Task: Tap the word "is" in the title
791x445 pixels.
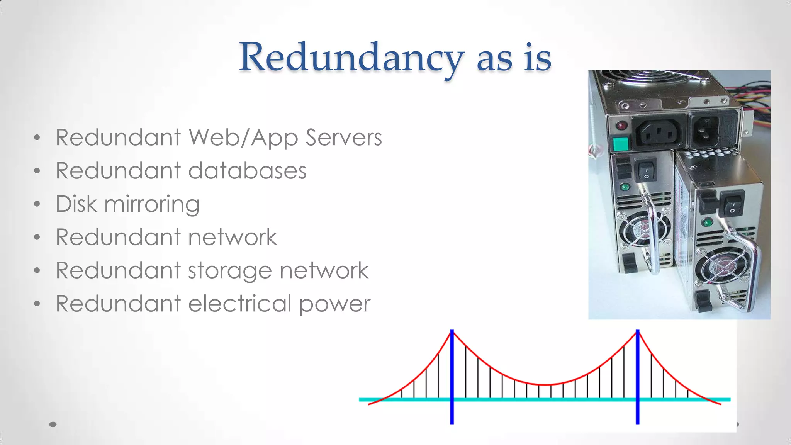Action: pyautogui.click(x=537, y=58)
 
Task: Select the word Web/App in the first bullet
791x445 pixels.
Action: pyautogui.click(x=243, y=138)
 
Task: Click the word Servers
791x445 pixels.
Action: pyautogui.click(x=343, y=138)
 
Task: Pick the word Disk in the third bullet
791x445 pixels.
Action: pyautogui.click(x=76, y=204)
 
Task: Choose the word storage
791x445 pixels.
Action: pyautogui.click(x=230, y=271)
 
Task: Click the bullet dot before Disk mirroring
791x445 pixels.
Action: pyautogui.click(x=37, y=204)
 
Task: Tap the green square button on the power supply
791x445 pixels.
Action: pyautogui.click(x=621, y=144)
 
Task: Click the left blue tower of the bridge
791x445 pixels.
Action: pyautogui.click(x=452, y=377)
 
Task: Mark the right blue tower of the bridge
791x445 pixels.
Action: pyautogui.click(x=638, y=377)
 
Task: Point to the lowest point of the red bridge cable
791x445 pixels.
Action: pyautogui.click(x=545, y=385)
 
